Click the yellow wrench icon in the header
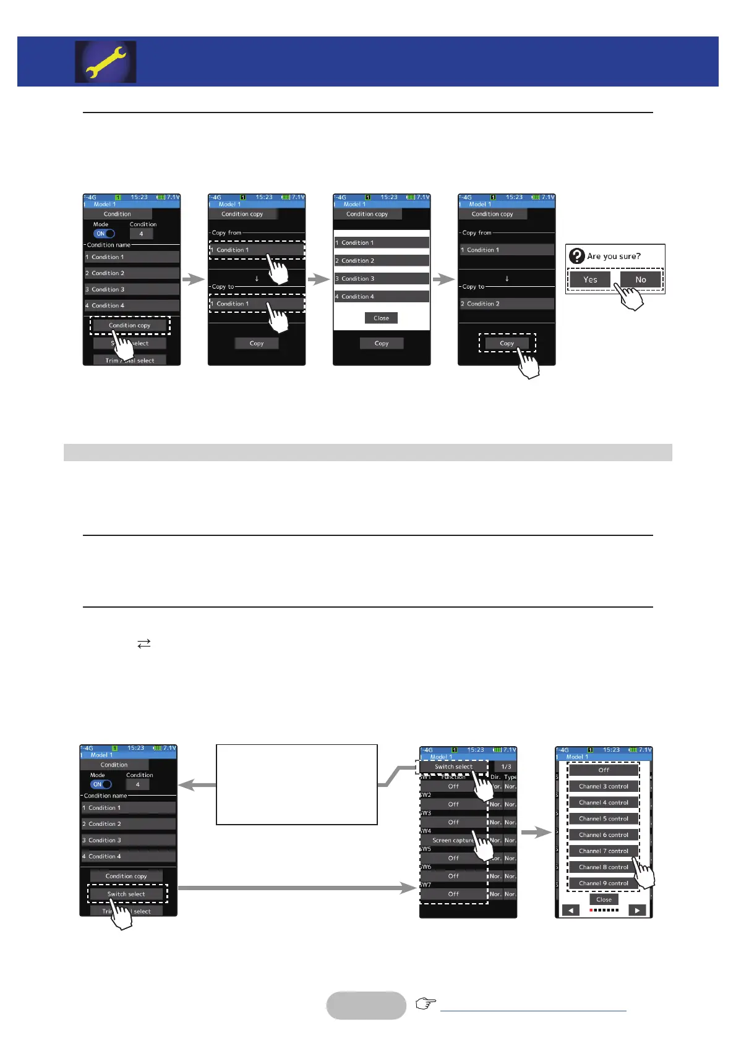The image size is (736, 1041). (x=106, y=62)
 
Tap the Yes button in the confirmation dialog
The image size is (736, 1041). (x=590, y=279)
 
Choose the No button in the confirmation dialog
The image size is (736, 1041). (x=641, y=279)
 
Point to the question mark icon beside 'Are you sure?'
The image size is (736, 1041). (x=576, y=256)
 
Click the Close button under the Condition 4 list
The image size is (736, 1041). (x=381, y=318)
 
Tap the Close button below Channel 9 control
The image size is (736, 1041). (x=604, y=899)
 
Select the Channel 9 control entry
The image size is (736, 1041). (x=603, y=883)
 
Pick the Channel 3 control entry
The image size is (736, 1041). (x=603, y=786)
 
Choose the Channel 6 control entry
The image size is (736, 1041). (x=603, y=835)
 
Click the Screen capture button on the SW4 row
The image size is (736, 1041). (x=453, y=840)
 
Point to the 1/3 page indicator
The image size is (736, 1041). (x=506, y=767)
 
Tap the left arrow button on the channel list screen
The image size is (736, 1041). (x=570, y=911)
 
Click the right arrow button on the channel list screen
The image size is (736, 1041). (x=637, y=911)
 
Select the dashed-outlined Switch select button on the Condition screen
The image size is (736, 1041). (x=126, y=894)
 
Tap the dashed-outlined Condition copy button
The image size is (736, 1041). (x=129, y=325)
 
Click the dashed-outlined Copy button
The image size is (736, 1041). (x=507, y=343)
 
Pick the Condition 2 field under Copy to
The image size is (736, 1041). (x=507, y=304)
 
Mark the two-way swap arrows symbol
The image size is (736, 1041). (x=144, y=644)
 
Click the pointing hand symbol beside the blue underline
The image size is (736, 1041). (x=426, y=1003)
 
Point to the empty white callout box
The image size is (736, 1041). (x=296, y=784)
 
